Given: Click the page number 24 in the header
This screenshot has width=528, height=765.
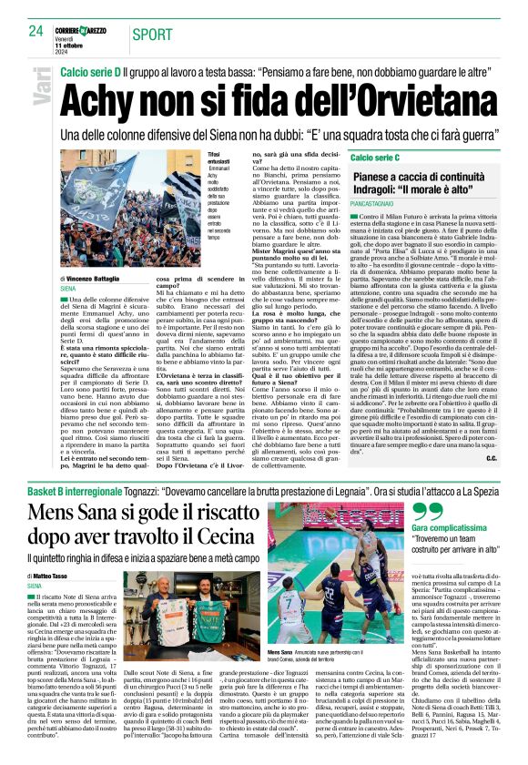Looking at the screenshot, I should point(36,31).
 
